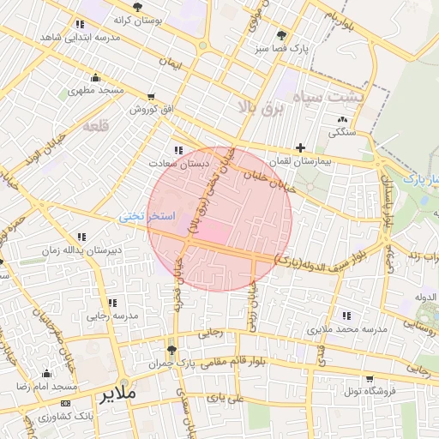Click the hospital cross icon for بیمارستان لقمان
[299, 147]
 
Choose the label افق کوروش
[153, 110]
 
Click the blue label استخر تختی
[147, 216]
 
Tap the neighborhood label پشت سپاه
[328, 98]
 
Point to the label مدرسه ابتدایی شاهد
[80, 38]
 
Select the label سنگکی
[342, 134]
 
